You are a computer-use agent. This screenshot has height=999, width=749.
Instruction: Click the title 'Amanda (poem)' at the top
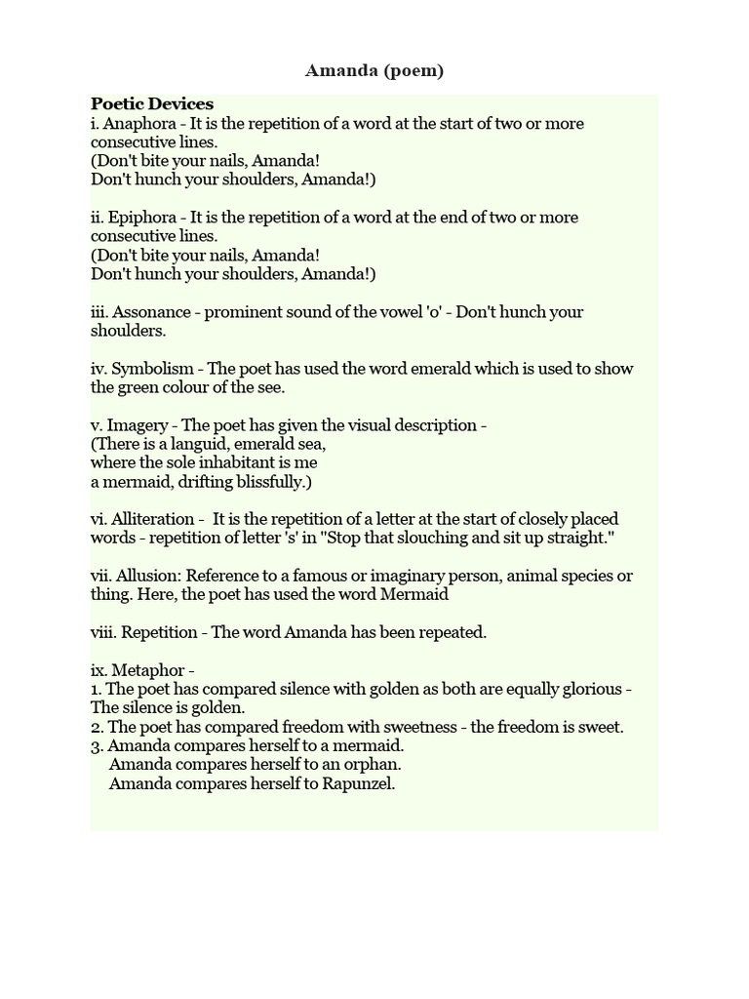pos(374,70)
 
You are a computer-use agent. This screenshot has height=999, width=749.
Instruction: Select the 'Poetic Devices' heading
pos(152,104)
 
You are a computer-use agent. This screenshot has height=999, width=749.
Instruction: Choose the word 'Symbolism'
pos(152,368)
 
